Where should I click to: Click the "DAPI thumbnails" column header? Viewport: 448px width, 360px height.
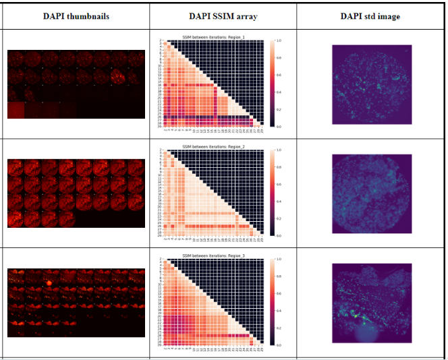tap(75, 16)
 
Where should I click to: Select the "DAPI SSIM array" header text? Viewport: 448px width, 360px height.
tap(223, 16)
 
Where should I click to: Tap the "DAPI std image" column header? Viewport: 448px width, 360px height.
tap(370, 16)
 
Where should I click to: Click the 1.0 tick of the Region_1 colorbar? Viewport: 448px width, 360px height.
tap(279, 41)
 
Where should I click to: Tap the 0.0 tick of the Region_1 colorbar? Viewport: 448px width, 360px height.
tap(279, 126)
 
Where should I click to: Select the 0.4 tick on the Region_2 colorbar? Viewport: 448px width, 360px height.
tap(279, 202)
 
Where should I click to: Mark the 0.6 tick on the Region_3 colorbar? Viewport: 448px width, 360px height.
tap(279, 293)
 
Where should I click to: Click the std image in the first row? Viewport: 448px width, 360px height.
tap(372, 84)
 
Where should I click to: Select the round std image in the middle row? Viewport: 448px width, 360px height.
tap(372, 193)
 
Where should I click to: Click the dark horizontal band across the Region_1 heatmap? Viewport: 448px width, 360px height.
tap(202, 117)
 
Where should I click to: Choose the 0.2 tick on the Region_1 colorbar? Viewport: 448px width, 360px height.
tap(279, 109)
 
